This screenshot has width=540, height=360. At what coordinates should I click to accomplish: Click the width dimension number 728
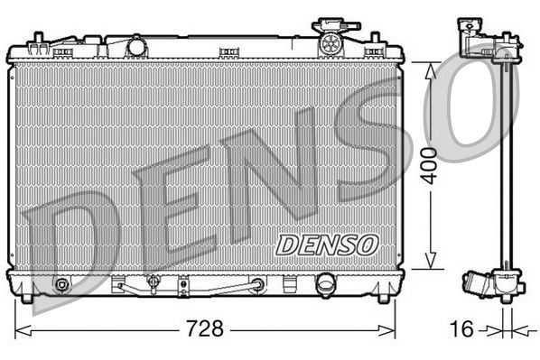tap(206, 328)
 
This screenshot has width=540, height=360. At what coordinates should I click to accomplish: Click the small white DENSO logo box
tap(327, 243)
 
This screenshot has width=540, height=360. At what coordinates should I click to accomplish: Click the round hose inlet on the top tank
tap(137, 45)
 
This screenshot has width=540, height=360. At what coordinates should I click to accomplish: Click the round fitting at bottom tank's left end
tap(61, 286)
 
